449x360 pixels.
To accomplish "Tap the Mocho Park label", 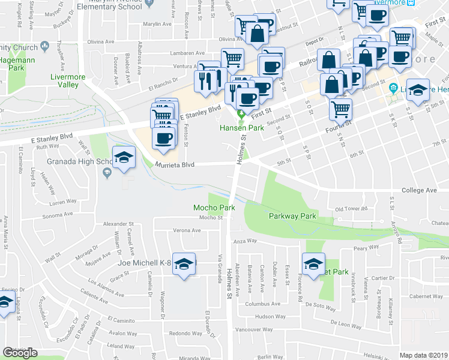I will [x=214, y=208].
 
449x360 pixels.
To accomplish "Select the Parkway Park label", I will [x=292, y=216].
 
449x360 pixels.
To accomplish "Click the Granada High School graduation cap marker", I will [x=124, y=160].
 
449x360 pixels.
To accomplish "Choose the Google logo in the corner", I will [x=20, y=353].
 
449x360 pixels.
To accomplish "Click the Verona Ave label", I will [x=187, y=230].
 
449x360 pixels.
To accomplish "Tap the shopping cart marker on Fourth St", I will [x=340, y=110].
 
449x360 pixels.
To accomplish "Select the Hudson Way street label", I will [x=270, y=316].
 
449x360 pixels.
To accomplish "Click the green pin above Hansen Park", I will [x=242, y=114].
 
